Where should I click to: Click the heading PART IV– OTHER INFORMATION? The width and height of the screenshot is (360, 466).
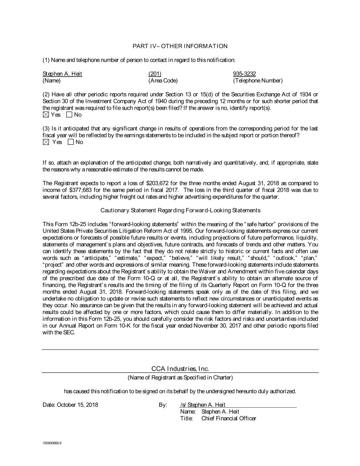(180, 46)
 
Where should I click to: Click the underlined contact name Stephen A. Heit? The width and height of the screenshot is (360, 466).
(62, 74)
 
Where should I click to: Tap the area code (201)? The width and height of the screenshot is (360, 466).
(155, 74)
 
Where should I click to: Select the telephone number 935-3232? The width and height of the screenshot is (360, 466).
(244, 74)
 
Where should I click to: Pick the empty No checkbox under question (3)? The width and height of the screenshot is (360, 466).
(71, 142)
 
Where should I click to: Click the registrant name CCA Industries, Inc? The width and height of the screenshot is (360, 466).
(180, 368)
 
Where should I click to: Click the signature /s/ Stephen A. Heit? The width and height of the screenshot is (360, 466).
(203, 404)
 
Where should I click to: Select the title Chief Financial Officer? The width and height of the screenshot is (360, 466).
(228, 418)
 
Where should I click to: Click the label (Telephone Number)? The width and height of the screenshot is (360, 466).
(258, 81)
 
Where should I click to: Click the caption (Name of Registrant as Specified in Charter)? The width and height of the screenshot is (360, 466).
(180, 378)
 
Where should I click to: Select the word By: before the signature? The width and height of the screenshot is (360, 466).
(163, 404)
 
